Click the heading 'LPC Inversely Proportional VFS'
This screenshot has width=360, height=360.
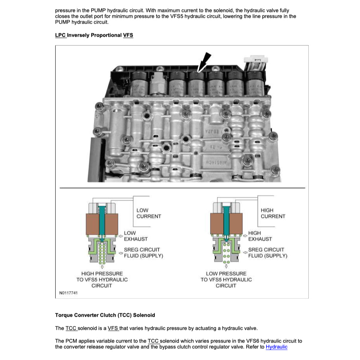[94, 35]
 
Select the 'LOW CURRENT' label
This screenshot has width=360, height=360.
[148, 213]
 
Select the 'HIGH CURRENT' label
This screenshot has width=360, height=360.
[273, 213]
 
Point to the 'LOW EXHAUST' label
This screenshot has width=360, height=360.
[136, 236]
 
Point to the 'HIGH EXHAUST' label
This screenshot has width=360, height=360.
[260, 236]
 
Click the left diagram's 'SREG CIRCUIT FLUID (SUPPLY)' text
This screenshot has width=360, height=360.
[143, 253]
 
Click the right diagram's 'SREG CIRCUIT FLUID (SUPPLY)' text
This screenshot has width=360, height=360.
[268, 253]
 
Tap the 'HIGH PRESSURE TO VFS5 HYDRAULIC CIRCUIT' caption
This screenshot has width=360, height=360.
[102, 279]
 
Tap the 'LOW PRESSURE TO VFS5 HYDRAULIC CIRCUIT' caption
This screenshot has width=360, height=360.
[226, 279]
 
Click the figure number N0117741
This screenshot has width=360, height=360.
[69, 293]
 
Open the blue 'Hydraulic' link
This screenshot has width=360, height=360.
[276, 347]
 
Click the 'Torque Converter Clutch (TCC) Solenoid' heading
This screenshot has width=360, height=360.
[105, 315]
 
